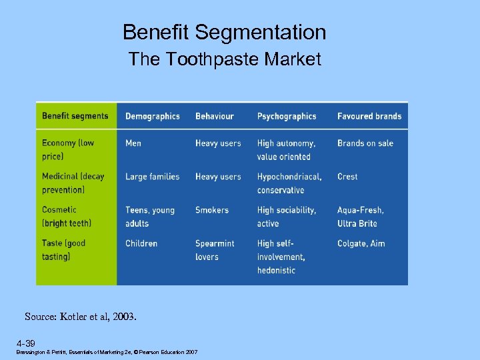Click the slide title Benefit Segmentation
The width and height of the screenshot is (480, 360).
tap(225, 33)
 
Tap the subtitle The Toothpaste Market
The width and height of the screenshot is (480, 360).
tap(225, 59)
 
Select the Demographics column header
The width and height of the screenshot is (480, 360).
tap(153, 116)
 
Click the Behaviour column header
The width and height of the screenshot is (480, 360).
tap(215, 116)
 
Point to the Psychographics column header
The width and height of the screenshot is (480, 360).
tap(287, 116)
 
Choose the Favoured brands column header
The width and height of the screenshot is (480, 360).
tap(369, 116)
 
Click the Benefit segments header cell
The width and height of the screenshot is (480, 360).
tap(75, 116)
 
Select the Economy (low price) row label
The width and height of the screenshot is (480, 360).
tap(68, 149)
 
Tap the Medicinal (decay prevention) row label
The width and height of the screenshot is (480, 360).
tap(73, 183)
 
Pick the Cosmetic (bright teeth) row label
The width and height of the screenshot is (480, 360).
tap(67, 216)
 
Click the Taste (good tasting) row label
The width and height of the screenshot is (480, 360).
tap(64, 249)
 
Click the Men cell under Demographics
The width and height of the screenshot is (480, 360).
tap(133, 143)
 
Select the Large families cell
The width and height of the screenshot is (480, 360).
tap(153, 177)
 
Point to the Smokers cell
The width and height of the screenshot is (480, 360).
tap(212, 210)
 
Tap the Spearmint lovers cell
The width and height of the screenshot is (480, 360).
tap(215, 249)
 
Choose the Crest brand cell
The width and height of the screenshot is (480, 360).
tap(347, 177)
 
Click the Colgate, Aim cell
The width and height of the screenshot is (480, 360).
tap(361, 243)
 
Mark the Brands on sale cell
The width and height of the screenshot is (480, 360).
tap(365, 143)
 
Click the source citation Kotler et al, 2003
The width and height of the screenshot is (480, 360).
tap(81, 317)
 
